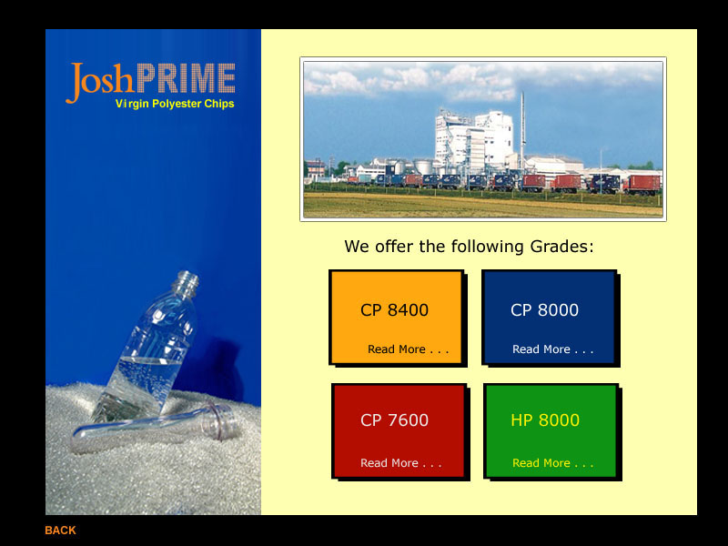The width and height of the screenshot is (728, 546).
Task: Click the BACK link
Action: (x=60, y=531)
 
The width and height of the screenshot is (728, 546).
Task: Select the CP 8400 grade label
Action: (x=394, y=310)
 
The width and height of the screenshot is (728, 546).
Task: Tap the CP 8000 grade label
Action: (x=544, y=310)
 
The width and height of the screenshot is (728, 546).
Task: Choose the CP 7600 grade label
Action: (x=394, y=420)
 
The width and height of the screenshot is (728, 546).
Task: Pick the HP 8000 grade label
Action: (x=545, y=420)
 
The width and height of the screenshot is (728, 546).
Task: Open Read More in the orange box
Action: (x=408, y=349)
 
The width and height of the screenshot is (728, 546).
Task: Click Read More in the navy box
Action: (x=553, y=349)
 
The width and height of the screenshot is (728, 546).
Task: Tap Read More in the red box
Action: (x=401, y=463)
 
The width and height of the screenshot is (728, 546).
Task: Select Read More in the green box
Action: (x=553, y=463)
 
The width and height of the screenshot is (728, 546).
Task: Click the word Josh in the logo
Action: (x=100, y=81)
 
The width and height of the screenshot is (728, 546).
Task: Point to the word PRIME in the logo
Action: (x=186, y=78)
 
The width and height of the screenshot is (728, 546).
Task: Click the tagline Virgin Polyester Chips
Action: (x=175, y=104)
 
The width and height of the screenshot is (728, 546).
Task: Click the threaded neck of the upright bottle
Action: (x=187, y=282)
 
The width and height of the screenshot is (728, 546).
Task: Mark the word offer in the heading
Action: (x=394, y=246)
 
